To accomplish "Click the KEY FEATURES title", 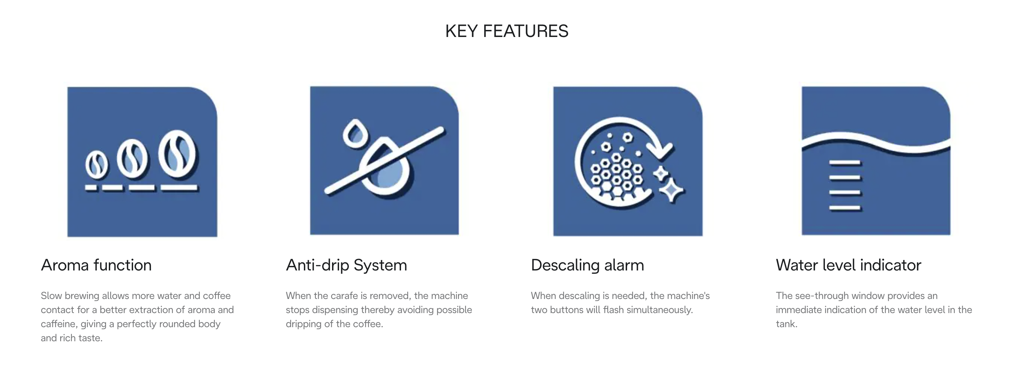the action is pos(507,31).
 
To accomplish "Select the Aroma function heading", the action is pos(96,265).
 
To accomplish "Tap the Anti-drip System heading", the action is pos(346,265).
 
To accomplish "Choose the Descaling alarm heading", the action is pos(587,265).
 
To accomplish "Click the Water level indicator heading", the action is pos(848,265).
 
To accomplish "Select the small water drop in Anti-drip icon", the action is pos(356,133).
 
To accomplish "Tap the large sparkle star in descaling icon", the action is pos(671,190).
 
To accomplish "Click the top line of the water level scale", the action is pos(845,162).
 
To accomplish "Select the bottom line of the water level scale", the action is pos(845,207).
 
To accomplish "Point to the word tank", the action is pos(787,324).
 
